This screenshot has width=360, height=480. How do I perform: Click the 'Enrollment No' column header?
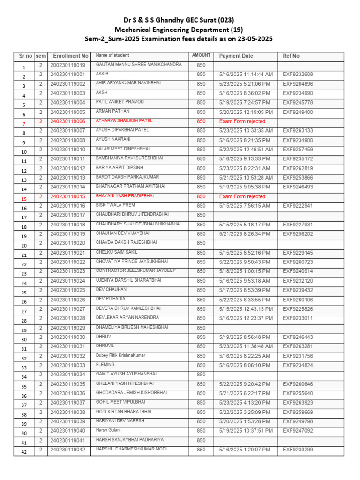click(x=70, y=56)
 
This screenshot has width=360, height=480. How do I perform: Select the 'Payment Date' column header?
click(x=236, y=56)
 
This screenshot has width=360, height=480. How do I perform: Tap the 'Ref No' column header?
click(x=291, y=56)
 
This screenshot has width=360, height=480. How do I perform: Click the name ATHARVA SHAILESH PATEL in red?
click(x=124, y=120)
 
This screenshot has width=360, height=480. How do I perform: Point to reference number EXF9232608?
click(x=298, y=75)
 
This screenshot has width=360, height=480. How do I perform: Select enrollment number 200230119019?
click(x=68, y=65)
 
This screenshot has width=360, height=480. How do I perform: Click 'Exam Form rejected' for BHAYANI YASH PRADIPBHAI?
click(x=242, y=197)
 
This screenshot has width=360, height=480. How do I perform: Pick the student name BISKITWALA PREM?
click(x=115, y=205)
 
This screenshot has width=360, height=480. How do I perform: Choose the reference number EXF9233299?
click(x=298, y=450)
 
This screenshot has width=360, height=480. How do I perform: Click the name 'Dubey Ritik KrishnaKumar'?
click(x=120, y=355)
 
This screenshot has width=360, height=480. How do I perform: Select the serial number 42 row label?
click(x=24, y=452)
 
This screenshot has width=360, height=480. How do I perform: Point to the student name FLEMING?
click(x=105, y=364)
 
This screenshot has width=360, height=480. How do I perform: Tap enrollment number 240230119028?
click(x=68, y=318)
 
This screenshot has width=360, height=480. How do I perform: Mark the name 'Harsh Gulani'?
click(x=108, y=430)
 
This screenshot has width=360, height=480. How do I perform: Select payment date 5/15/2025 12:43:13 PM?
click(x=246, y=309)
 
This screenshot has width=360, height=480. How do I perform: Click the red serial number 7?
click(x=24, y=124)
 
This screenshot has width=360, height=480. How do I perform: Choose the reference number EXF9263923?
click(x=298, y=403)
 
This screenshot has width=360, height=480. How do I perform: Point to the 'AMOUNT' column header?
click(x=201, y=55)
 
